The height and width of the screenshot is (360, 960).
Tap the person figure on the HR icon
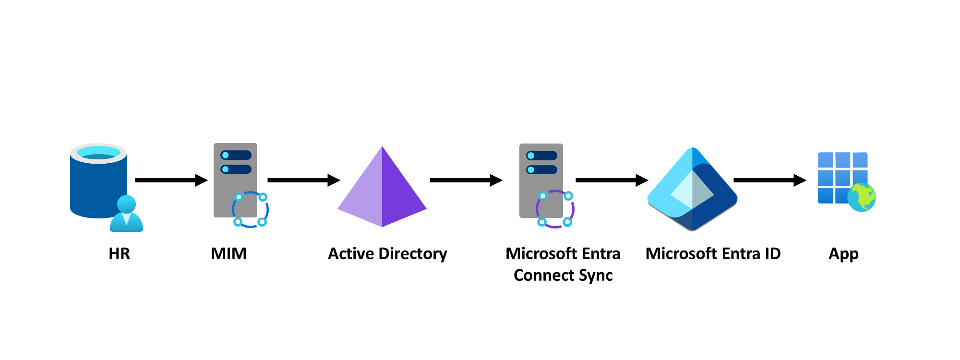(x=126, y=215)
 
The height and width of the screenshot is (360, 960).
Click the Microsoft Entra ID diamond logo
(x=692, y=190)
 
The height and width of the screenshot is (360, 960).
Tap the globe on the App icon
(x=862, y=197)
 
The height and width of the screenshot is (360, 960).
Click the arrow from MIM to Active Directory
(x=303, y=180)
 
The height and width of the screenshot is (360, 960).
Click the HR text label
(x=119, y=253)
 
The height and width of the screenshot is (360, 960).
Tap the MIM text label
(x=228, y=253)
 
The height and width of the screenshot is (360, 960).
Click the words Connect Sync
(x=563, y=276)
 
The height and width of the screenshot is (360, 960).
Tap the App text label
(x=843, y=253)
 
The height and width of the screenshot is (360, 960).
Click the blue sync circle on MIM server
(x=250, y=209)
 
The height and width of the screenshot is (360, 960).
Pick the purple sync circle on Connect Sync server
(x=555, y=209)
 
